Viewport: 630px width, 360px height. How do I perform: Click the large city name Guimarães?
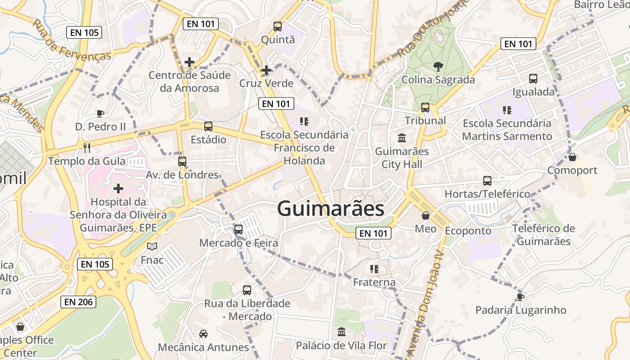pos(331,209)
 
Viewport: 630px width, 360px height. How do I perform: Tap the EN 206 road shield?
pos(79,302)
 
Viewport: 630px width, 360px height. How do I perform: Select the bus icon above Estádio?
pos(208,126)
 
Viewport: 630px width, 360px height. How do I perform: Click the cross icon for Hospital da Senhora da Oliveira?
pos(118,188)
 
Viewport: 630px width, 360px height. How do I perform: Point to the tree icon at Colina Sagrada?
pos(437,67)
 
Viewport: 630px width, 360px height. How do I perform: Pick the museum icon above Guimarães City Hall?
pos(401,138)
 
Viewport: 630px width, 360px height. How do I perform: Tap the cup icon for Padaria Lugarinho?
pos(521,297)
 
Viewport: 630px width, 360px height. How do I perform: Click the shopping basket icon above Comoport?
pos(572,157)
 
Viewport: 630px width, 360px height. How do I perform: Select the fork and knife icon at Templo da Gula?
pos(87,148)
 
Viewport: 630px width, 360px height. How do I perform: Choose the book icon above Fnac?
pos(152,247)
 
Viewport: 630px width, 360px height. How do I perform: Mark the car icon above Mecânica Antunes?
pos(203,334)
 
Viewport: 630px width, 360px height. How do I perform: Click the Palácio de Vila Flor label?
pos(341,346)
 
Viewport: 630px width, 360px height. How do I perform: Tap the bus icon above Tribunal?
pos(425,108)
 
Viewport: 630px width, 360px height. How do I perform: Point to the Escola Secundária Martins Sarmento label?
pos(507,130)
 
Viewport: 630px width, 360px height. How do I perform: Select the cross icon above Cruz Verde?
pos(266,70)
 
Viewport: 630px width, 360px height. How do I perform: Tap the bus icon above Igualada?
pos(533,79)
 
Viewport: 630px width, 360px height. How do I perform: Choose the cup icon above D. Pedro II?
pos(100,113)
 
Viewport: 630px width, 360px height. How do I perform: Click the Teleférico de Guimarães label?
pos(544,235)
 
